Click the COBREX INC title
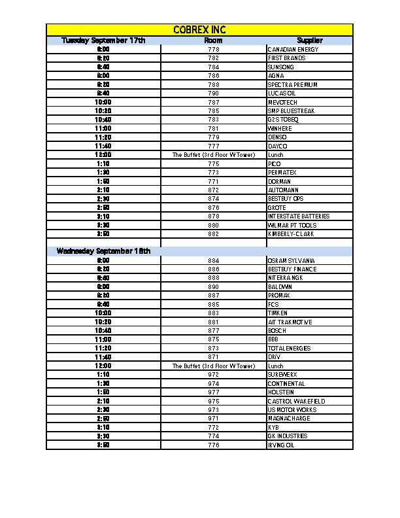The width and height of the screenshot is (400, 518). click(199, 30)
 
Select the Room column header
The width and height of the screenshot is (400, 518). click(213, 41)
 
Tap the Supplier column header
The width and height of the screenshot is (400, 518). click(309, 41)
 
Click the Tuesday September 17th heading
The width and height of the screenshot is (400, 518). click(103, 41)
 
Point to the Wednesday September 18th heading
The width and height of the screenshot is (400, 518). click(103, 251)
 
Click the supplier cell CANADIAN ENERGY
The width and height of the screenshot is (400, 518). click(293, 50)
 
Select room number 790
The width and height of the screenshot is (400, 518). click(213, 94)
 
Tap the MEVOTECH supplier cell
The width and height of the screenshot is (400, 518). click(282, 103)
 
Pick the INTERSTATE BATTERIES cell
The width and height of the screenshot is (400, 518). click(298, 216)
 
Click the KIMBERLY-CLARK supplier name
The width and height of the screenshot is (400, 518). click(290, 234)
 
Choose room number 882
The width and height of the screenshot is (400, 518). click(213, 234)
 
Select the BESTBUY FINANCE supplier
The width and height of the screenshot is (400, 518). click(292, 269)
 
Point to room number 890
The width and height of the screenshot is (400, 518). click(213, 287)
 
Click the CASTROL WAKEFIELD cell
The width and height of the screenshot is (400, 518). click(295, 402)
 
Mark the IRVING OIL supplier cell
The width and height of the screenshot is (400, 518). click(281, 445)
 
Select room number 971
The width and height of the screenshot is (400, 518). click(213, 419)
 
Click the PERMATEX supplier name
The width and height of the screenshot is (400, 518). click(282, 173)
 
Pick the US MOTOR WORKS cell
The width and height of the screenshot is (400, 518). click(292, 410)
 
